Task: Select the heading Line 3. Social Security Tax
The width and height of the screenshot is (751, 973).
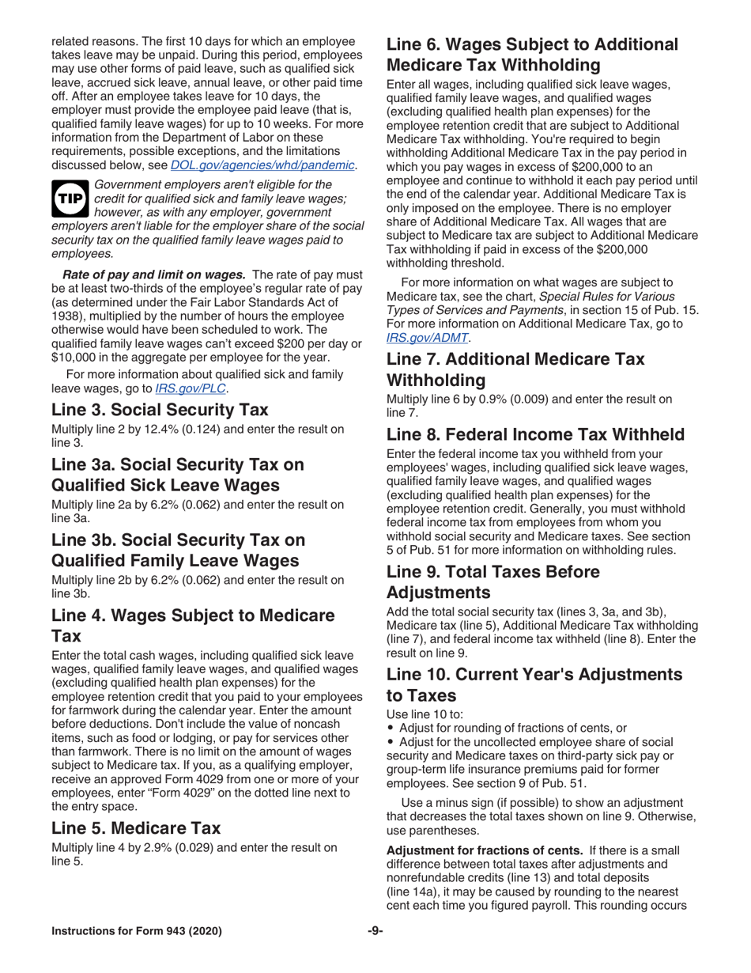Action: [160, 410]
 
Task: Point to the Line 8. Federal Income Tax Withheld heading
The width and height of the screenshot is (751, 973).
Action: [535, 434]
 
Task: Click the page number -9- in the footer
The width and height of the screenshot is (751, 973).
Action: [375, 930]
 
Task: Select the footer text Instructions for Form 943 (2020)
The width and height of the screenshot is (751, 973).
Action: [137, 930]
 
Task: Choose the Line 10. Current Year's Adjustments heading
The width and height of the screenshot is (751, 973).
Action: [534, 674]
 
